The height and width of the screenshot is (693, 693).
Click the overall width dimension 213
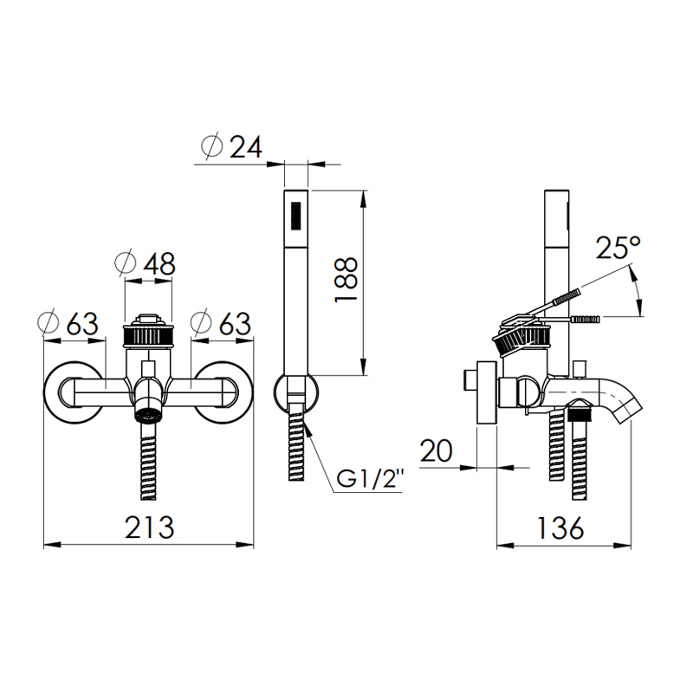148,526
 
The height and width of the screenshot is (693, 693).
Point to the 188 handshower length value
346,280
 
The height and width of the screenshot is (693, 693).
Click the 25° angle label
619,249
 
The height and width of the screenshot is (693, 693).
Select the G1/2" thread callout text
371,479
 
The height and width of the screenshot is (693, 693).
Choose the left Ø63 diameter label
69,323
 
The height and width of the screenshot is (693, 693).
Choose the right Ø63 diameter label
222,323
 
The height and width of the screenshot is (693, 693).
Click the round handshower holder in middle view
295,392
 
